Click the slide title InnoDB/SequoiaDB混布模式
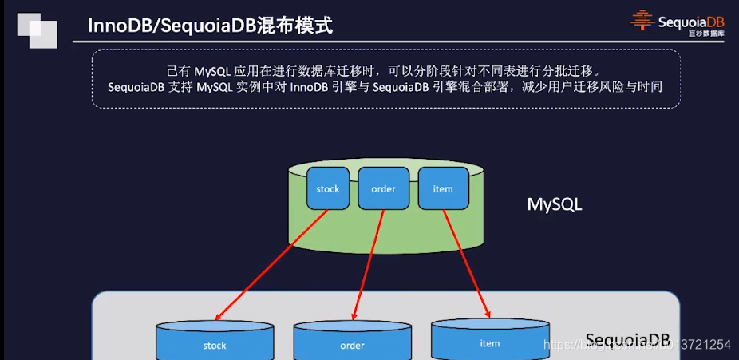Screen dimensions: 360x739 point(210,27)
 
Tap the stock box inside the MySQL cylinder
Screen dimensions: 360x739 point(327,189)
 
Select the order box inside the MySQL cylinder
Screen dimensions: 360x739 point(383,189)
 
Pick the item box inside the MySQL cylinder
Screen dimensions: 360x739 point(442,189)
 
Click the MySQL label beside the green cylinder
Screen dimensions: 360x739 point(555,204)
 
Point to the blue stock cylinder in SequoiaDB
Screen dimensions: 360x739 point(215,342)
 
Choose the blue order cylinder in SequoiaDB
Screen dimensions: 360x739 point(352,342)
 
